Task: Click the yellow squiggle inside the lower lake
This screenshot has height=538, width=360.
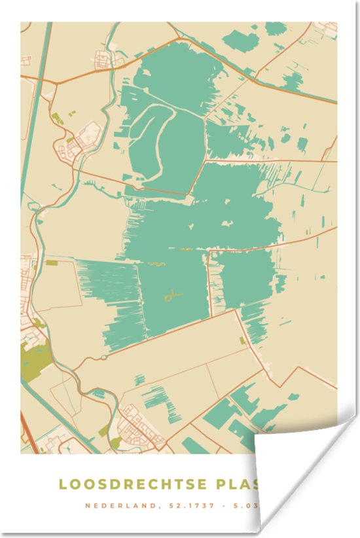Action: coord(171,296)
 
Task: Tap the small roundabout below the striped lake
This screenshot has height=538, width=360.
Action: coord(103,357)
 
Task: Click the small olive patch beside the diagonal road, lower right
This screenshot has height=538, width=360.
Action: coord(243,340)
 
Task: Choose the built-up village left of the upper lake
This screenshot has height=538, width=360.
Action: coord(82,141)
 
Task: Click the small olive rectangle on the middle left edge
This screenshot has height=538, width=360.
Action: coord(51,262)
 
